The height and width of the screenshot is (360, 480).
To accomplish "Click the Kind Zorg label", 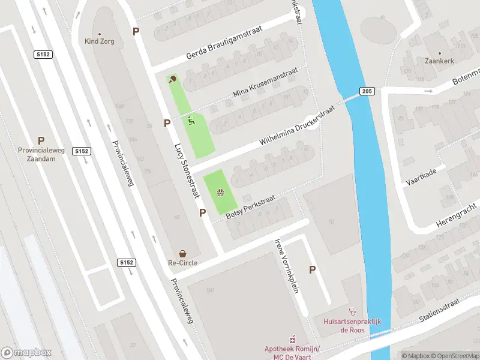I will pos(100,41).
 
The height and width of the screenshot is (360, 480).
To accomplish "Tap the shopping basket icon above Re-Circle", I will pos(182,254).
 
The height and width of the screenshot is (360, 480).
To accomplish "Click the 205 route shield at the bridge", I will pos(367,91).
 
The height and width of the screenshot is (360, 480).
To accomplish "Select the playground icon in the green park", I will pos(191,121).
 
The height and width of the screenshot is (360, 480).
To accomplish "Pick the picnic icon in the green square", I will pos(220,193).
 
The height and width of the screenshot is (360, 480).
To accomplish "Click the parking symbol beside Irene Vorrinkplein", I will pos(312,270).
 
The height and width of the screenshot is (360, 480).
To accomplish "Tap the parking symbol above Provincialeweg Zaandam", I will pos(41,140).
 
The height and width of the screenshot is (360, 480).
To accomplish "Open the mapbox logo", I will pos(26,353).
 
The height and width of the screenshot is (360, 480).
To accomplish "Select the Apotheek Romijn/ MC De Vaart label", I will pos(293,352).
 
